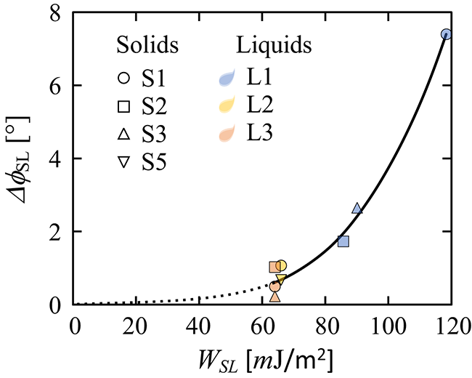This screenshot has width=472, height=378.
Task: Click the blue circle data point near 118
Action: click(x=447, y=34)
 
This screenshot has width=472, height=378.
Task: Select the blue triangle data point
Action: click(x=357, y=209)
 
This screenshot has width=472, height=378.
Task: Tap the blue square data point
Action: click(x=343, y=241)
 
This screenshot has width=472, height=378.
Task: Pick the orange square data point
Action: click(x=274, y=267)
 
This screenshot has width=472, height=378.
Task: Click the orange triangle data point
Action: click(x=274, y=296)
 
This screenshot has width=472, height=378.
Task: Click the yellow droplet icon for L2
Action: click(x=227, y=106)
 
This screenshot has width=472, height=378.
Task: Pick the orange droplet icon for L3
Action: click(x=227, y=134)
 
